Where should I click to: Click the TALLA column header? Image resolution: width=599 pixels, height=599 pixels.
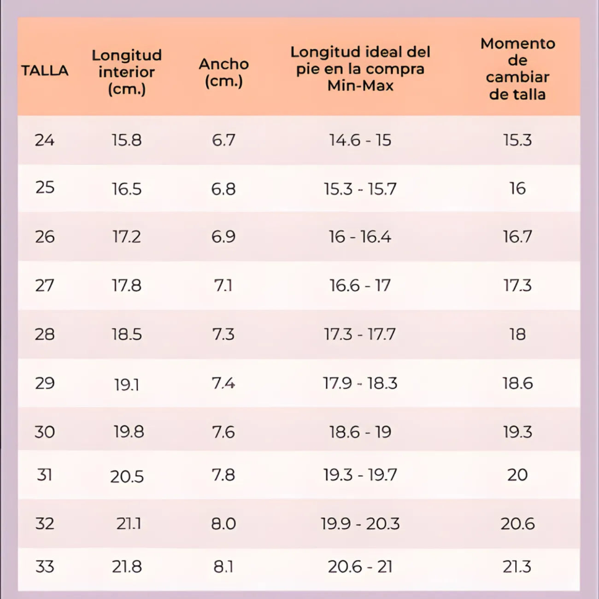tap(45, 70)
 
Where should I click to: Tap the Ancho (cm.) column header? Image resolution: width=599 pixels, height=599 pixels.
tap(223, 72)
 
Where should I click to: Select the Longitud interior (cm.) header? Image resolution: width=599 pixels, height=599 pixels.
tap(127, 72)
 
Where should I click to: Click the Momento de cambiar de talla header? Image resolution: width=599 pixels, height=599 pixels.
tap(517, 69)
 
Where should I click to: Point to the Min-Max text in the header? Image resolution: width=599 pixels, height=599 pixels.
tap(360, 86)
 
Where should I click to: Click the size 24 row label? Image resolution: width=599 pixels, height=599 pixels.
tap(45, 140)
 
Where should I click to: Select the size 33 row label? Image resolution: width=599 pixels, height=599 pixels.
tap(45, 566)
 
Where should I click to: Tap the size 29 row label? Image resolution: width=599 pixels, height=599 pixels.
tap(45, 383)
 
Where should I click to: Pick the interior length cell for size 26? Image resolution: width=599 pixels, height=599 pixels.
tap(127, 237)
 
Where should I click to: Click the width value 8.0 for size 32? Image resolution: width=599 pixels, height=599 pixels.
tap(223, 524)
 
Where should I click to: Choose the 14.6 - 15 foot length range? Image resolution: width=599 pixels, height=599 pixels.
tap(360, 140)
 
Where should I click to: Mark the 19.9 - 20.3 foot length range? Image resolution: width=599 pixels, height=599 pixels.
tap(360, 524)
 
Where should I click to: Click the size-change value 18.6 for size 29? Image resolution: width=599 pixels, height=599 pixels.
tap(517, 383)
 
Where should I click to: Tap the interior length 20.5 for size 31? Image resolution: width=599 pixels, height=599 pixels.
tap(127, 476)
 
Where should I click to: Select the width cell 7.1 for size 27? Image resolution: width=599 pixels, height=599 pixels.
tap(223, 286)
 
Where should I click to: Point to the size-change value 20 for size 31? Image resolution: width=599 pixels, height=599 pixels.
tap(517, 475)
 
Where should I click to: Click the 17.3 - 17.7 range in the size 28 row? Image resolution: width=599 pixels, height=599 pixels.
tap(360, 335)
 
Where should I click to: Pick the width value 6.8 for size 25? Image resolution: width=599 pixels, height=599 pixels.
tap(223, 189)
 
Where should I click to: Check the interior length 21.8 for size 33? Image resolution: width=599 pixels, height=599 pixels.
tap(127, 566)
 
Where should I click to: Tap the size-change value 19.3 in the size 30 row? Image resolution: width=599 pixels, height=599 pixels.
tap(517, 432)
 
